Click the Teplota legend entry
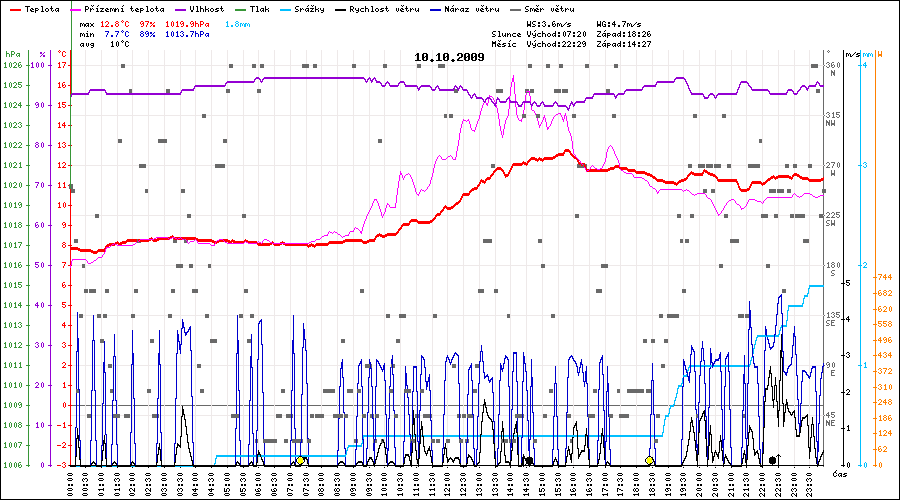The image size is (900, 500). pyautogui.click(x=37, y=8)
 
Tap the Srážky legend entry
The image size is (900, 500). pyautogui.click(x=308, y=8)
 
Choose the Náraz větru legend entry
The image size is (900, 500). pyautogui.click(x=469, y=8)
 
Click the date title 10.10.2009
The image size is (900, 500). pyautogui.click(x=449, y=57)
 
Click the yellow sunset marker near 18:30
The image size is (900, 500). pyautogui.click(x=650, y=460)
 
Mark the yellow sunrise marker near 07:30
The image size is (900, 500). pyautogui.click(x=300, y=460)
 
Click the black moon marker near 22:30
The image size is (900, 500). pyautogui.click(x=773, y=460)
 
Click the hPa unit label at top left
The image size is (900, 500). pyautogui.click(x=12, y=53)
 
